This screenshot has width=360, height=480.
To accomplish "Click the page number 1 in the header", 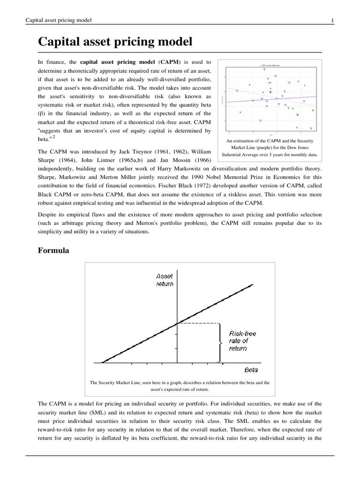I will point(332,20).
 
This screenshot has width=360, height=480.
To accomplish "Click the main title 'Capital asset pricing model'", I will point(115,42).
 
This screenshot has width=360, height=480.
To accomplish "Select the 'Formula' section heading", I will point(53,251).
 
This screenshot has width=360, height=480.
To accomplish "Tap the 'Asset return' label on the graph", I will point(164,280).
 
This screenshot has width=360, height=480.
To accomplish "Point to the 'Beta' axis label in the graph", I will point(251,369).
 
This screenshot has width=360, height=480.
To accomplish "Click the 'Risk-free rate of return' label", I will point(242,341).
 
